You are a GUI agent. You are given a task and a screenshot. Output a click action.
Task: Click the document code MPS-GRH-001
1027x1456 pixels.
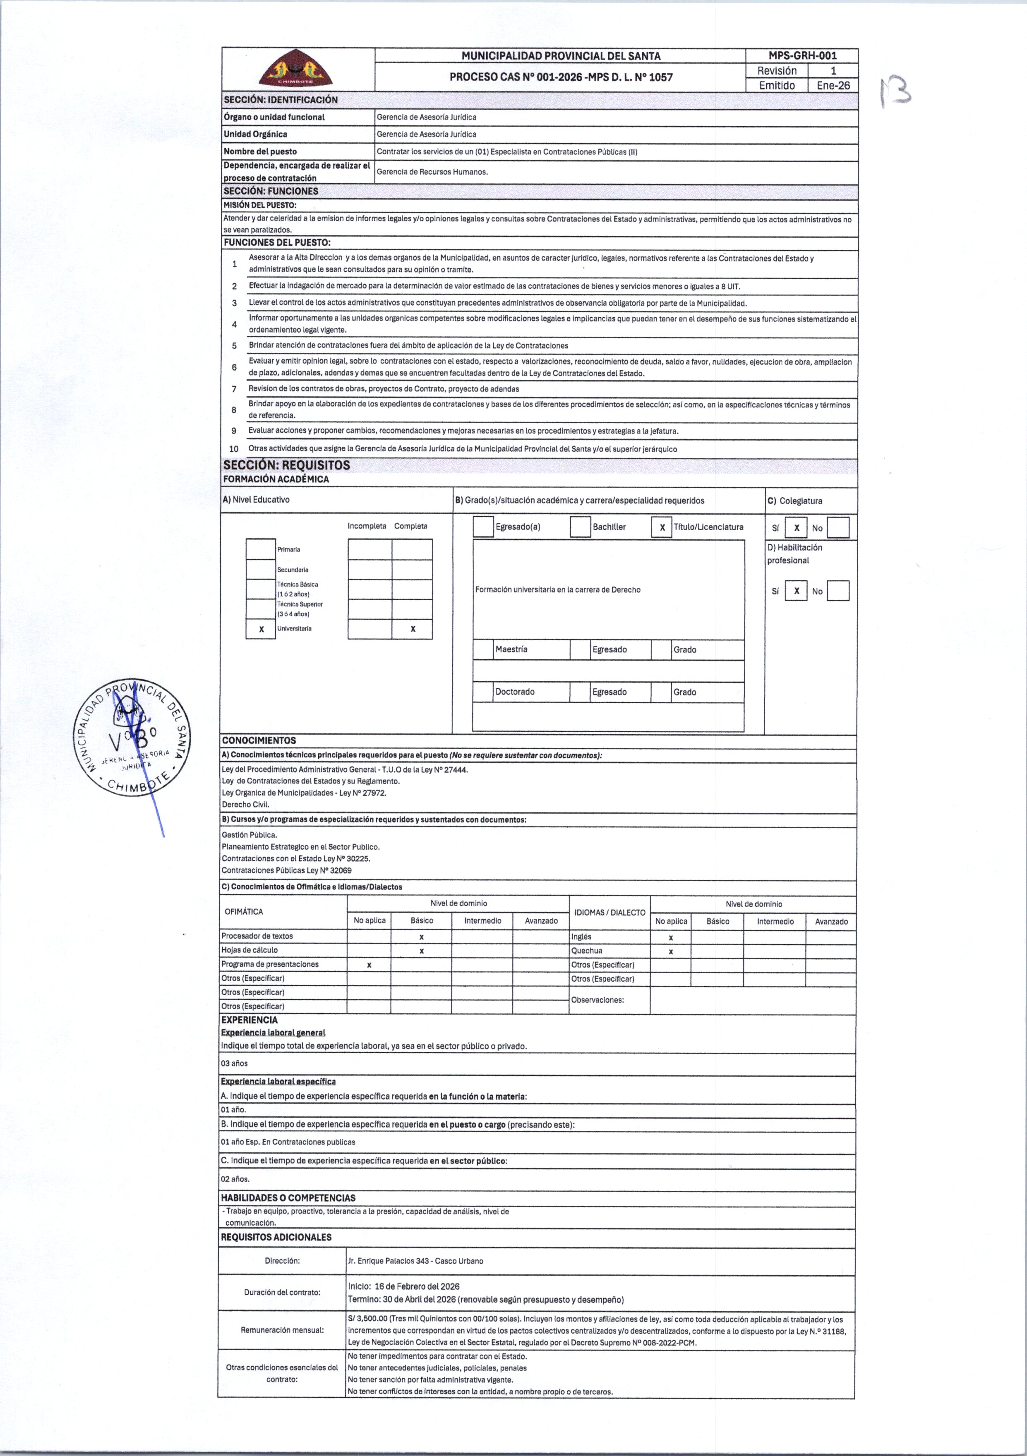[802, 56]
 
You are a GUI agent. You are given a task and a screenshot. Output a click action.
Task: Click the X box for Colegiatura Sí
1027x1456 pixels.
[796, 528]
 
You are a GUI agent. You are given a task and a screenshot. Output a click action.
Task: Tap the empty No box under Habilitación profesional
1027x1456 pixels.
[838, 591]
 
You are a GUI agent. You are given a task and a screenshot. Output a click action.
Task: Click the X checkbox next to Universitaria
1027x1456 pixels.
[261, 629]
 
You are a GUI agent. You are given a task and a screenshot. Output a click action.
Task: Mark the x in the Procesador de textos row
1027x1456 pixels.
[421, 936]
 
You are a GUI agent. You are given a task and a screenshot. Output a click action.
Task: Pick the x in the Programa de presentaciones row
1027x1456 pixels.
[369, 965]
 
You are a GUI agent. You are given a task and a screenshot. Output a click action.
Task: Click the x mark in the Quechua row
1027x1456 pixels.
[670, 951]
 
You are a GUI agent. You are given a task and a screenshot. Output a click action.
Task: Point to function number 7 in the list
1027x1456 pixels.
[234, 389]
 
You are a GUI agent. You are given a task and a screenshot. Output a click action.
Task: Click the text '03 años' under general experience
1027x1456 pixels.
[234, 1063]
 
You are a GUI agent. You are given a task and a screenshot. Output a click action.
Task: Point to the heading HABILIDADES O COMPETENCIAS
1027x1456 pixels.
[288, 1198]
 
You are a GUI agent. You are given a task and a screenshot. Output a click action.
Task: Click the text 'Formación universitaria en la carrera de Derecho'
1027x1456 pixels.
[558, 590]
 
